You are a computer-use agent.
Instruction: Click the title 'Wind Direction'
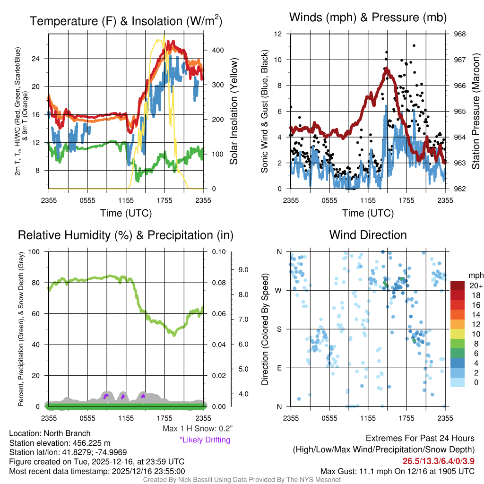[368, 235]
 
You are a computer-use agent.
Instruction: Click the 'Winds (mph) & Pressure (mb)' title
[368, 17]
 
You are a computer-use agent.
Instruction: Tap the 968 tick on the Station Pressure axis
[460, 34]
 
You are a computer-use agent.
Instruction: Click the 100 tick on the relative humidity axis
[36, 251]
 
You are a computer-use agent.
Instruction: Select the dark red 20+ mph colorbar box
[457, 286]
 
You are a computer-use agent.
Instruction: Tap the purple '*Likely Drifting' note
[205, 440]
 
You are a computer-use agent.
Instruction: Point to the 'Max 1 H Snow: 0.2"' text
[197, 429]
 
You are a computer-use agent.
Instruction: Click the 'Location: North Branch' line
[50, 433]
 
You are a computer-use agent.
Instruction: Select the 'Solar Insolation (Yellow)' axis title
[233, 112]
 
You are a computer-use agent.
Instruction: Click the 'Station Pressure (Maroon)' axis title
[476, 112]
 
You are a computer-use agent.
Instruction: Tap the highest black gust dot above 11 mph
[414, 46]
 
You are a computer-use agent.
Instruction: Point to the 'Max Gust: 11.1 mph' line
[397, 471]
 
